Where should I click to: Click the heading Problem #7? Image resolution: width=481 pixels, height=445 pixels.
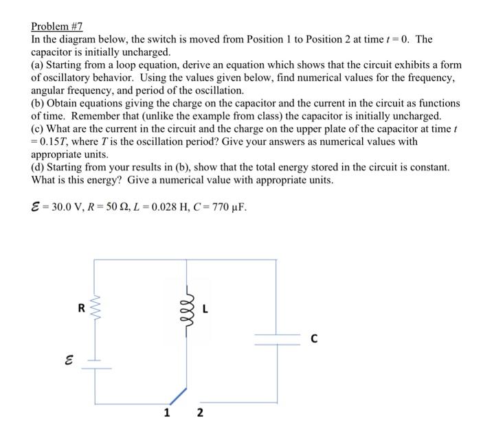[x=56, y=27]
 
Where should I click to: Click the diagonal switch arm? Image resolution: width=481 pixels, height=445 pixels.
[x=177, y=394]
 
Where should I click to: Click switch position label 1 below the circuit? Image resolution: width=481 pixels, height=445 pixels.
[x=166, y=413]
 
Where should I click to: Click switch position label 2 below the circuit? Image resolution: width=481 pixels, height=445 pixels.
[x=200, y=413]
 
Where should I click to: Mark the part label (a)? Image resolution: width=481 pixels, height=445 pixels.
[x=38, y=65]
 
